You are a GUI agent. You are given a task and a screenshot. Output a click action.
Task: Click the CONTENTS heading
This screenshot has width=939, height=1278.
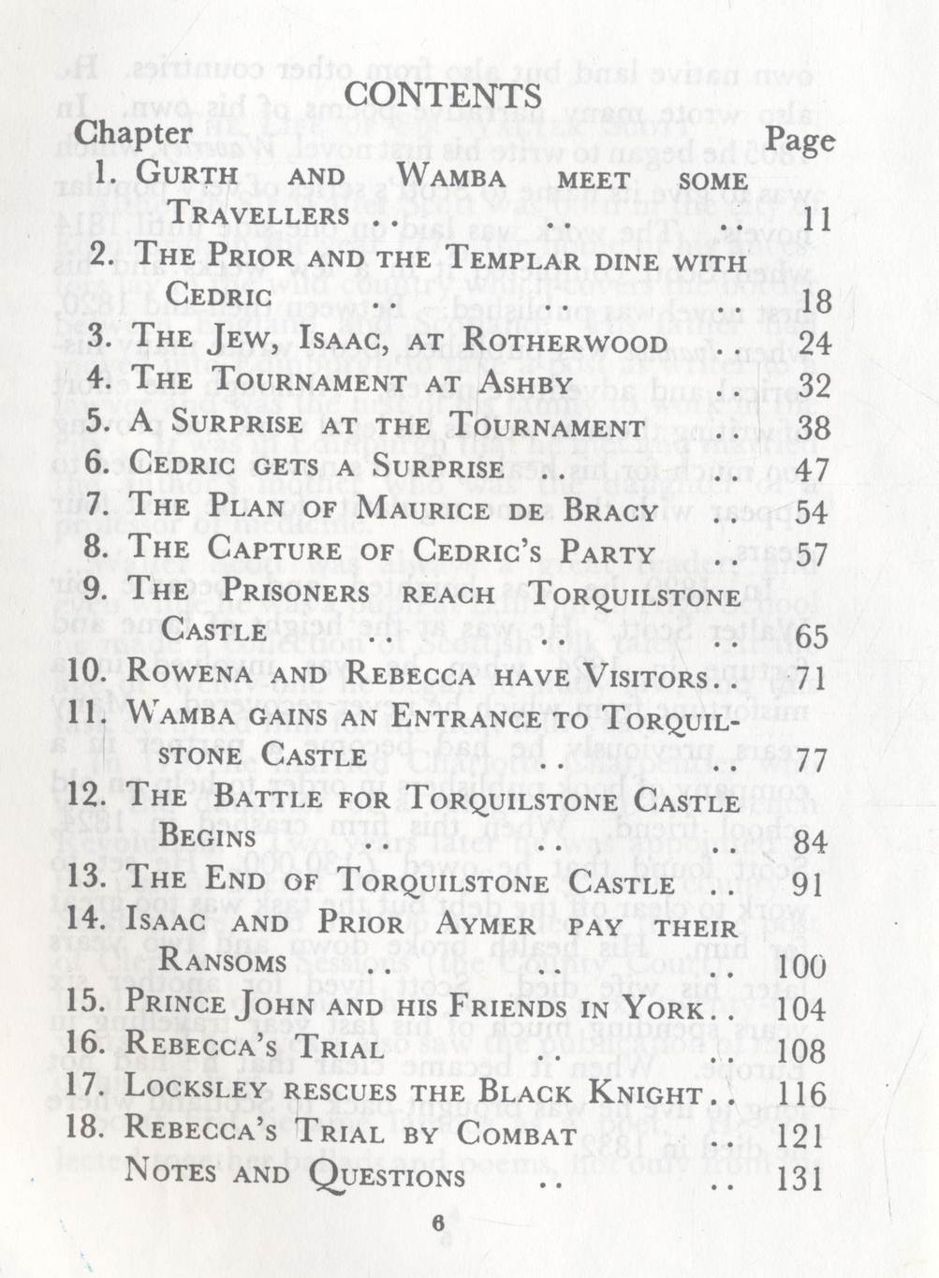(443, 95)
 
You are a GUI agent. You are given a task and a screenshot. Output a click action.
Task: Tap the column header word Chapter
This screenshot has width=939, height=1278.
(133, 133)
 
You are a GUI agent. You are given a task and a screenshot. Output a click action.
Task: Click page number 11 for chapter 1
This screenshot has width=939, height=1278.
(816, 220)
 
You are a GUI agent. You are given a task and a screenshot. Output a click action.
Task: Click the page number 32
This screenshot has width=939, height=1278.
(814, 385)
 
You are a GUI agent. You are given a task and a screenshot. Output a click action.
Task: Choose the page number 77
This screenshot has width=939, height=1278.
(811, 761)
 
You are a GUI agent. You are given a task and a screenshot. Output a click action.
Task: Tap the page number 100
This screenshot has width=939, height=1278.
(802, 966)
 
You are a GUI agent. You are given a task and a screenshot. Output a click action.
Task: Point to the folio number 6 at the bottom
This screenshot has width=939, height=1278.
(437, 1224)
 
